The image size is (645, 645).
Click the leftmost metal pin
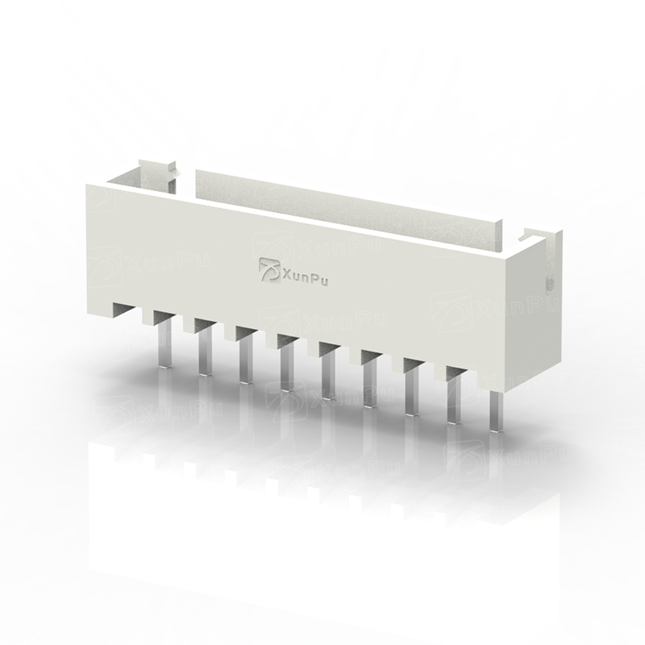[x=164, y=345]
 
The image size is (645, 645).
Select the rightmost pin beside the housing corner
[x=497, y=411]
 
